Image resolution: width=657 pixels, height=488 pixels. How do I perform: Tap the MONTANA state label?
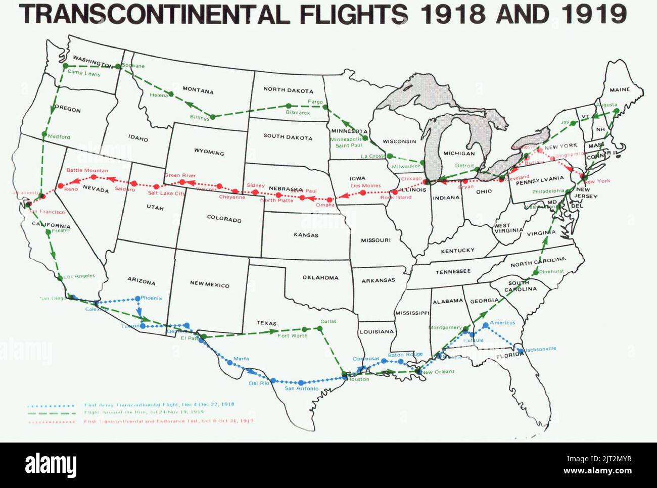pos(198,90)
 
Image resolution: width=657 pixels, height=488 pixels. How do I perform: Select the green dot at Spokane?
pos(118,66)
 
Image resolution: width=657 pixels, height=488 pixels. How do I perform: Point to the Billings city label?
pos(199,118)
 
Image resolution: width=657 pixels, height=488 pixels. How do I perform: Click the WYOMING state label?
pos(209,152)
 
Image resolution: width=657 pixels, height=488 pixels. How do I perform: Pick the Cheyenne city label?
pos(232,197)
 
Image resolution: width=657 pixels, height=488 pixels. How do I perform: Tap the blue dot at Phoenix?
pos(138,299)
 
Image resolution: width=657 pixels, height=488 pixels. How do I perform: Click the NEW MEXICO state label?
pos(209,284)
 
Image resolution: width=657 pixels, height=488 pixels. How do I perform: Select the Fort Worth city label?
pos(292,335)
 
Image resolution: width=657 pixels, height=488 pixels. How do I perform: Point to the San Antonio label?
pos(302,388)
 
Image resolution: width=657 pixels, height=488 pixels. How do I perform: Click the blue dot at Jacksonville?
pos(521,350)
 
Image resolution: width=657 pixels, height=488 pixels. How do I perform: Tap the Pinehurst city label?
pos(551,271)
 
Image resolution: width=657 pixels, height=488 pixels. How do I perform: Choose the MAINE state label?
pos(619,90)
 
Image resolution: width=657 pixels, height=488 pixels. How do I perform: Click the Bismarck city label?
pos(298,113)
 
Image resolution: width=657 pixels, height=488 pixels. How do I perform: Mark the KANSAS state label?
pos(306,235)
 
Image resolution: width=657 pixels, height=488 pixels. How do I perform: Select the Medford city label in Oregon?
pos(59,136)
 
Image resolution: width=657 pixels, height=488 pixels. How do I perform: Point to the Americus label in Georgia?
pos(502,322)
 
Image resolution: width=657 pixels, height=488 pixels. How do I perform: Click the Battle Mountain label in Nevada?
pos(87,170)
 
